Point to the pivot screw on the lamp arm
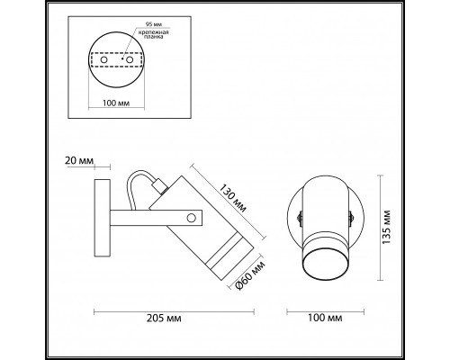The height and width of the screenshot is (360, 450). [192, 217]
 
